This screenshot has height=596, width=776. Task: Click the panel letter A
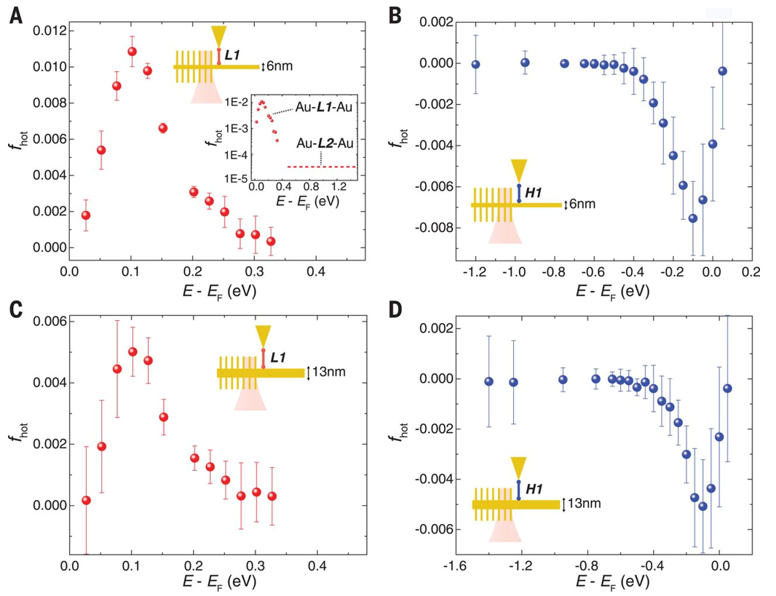(15, 15)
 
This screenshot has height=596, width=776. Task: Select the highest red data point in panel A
(132, 52)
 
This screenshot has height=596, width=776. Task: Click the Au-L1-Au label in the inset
(325, 107)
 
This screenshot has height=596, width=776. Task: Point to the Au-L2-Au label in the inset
(325, 143)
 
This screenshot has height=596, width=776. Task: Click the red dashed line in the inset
(320, 167)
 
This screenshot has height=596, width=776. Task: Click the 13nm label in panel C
(328, 373)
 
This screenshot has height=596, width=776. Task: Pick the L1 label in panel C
(279, 358)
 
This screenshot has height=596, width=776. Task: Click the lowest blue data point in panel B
(693, 218)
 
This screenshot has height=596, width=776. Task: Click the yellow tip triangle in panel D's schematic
(518, 466)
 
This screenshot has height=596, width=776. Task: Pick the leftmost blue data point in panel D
(489, 381)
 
